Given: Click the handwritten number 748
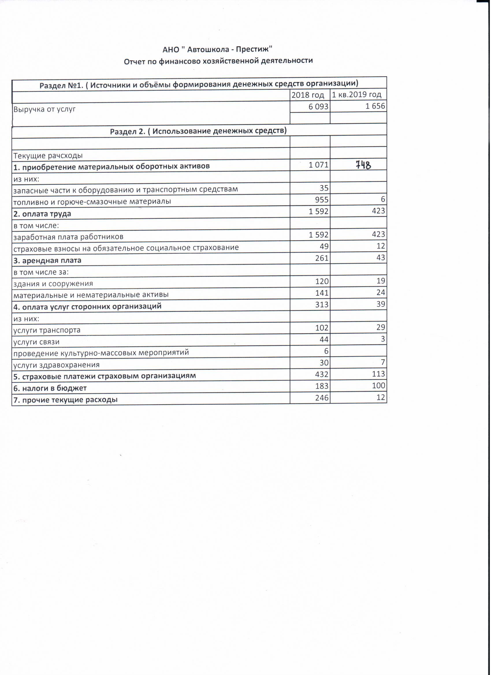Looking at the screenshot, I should click(364, 165).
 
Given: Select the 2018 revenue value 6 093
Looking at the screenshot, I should click(319, 107).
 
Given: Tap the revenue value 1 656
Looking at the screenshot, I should click(375, 106).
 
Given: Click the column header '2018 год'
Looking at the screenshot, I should click(308, 95).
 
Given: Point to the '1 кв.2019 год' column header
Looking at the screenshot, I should click(357, 95).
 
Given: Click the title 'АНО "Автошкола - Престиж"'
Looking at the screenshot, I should click(218, 49).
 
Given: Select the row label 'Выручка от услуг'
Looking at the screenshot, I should click(44, 109).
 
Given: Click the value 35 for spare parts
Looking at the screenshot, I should click(324, 188).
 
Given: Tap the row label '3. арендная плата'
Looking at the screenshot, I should click(47, 260).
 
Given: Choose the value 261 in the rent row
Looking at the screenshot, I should click(322, 258).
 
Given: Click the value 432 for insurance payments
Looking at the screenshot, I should click(322, 374).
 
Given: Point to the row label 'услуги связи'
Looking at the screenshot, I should click(36, 342).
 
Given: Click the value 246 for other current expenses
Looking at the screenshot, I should click(322, 398).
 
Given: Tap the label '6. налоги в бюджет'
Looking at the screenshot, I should click(50, 388).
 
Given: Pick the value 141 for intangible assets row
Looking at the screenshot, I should click(322, 293).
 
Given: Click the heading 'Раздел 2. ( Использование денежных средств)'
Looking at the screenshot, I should click(198, 131).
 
